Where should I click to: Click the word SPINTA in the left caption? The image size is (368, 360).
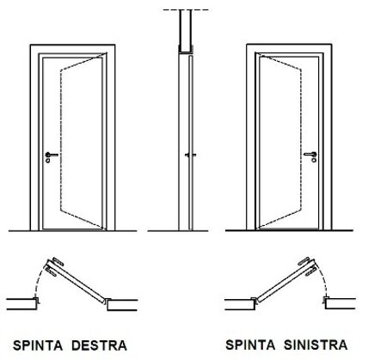(38, 345)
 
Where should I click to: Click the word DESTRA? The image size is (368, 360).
(99, 345)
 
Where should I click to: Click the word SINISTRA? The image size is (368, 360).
(316, 345)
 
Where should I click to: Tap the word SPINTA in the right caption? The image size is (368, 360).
(250, 345)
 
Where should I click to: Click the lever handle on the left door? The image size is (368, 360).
(52, 155)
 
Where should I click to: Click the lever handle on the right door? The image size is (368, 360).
(310, 155)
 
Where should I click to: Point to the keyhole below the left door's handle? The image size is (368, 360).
(47, 161)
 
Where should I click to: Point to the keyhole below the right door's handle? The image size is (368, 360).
(314, 160)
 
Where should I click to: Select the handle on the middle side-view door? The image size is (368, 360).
(190, 155)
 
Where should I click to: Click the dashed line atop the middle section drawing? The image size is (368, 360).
(186, 10)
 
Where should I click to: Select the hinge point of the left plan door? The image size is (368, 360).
(105, 301)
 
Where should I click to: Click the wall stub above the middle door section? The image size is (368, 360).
(186, 31)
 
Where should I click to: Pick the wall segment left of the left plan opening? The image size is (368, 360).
(22, 304)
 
